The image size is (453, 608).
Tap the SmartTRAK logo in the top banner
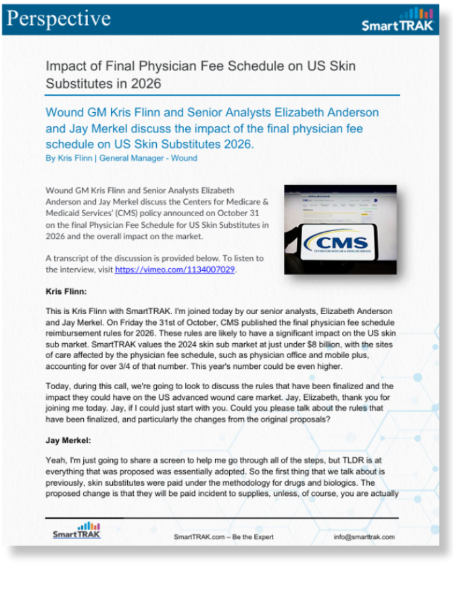(397, 26)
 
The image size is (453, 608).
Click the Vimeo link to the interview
(176, 269)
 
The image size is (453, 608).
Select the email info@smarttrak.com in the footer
(364, 537)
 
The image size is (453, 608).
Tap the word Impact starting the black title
(66, 66)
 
